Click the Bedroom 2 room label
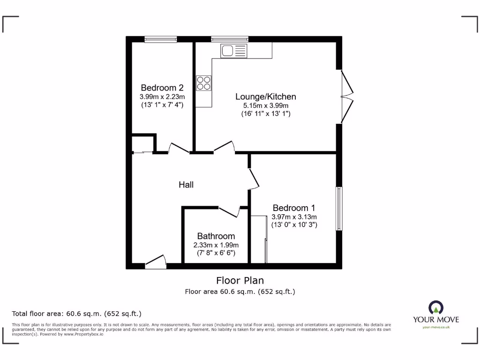tap(162, 88)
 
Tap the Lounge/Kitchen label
tap(266, 97)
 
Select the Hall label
tap(186, 185)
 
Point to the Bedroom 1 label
tap(294, 208)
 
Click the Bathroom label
tap(216, 236)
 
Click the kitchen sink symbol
tap(234, 51)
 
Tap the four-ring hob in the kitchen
tap(203, 83)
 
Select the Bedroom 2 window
tap(161, 39)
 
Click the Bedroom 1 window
tap(339, 209)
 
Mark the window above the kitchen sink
tap(229, 39)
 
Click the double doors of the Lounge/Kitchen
tap(346, 97)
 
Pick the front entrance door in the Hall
tap(156, 263)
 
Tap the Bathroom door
tap(229, 211)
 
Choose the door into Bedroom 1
tap(254, 179)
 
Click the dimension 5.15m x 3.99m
tap(266, 105)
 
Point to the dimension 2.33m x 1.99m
tap(216, 245)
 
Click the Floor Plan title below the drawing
tap(240, 280)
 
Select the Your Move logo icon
tap(436, 307)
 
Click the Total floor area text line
tap(76, 314)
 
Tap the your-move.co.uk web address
tap(436, 327)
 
